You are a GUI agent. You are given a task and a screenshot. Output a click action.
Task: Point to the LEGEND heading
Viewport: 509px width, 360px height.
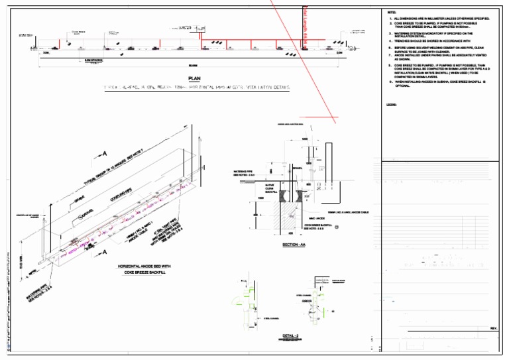[x=391, y=104]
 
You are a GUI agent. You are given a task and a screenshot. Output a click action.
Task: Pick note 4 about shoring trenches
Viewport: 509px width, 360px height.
[x=424, y=40]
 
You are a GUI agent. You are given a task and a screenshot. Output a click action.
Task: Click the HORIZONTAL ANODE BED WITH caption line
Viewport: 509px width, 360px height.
[x=144, y=266]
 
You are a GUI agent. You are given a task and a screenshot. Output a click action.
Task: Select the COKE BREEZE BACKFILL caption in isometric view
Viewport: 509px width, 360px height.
[x=144, y=272]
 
